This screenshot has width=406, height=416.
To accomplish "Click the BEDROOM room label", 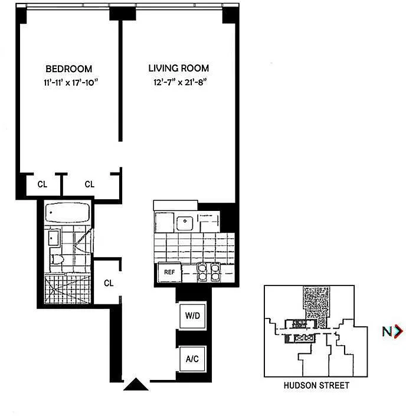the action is [x=69, y=69].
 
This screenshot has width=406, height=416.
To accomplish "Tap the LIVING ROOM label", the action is [x=179, y=68].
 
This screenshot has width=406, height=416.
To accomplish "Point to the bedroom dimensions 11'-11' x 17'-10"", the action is [x=71, y=82].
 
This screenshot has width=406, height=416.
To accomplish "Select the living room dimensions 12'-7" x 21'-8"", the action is [x=180, y=82].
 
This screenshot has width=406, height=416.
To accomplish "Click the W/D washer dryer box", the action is [x=192, y=316].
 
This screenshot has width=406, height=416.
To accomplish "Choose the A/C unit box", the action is [x=192, y=359].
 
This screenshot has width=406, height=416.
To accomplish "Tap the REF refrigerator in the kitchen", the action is [x=169, y=272].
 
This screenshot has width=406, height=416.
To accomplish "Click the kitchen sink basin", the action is [x=185, y=223].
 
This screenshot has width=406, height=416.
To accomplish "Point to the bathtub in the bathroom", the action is [x=67, y=213].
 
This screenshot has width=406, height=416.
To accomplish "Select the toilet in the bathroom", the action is [x=57, y=259].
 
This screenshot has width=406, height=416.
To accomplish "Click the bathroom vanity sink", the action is [x=54, y=238].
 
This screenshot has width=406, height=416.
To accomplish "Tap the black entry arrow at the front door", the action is [x=136, y=384].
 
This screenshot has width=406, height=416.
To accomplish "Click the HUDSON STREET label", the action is [x=316, y=385].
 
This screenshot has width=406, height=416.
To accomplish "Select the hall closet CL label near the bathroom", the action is [x=109, y=283].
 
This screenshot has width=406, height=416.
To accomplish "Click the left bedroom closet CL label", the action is [x=42, y=184].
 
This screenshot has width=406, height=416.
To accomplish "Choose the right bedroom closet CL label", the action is [x=90, y=184].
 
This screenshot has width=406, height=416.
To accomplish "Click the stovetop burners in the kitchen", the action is [x=208, y=272].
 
